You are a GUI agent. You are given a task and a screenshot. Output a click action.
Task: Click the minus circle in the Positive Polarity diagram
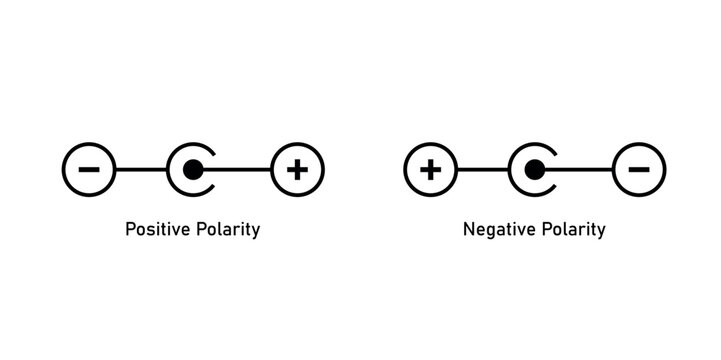coord(88,170)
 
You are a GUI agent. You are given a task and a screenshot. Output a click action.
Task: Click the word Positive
coord(154,229)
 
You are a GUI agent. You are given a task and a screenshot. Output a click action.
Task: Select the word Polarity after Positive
coord(226,230)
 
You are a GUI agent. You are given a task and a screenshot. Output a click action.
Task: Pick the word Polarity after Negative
coord(572,230)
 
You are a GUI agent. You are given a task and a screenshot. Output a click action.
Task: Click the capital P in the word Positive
coord(129,229)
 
